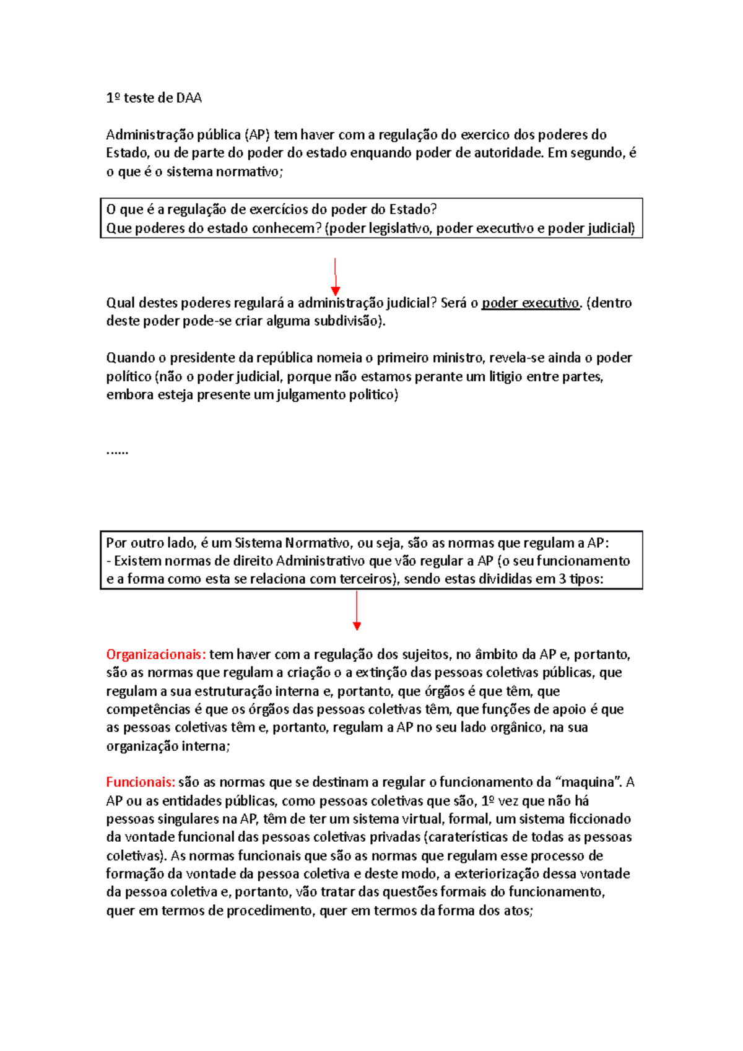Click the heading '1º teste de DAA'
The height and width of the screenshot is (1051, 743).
154,98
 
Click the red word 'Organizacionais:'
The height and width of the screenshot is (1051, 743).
155,654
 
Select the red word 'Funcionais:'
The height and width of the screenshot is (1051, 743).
141,782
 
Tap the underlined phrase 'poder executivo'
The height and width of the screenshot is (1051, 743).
531,303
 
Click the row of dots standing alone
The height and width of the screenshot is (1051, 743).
117,451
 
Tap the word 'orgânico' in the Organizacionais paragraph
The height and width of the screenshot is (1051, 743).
518,727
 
